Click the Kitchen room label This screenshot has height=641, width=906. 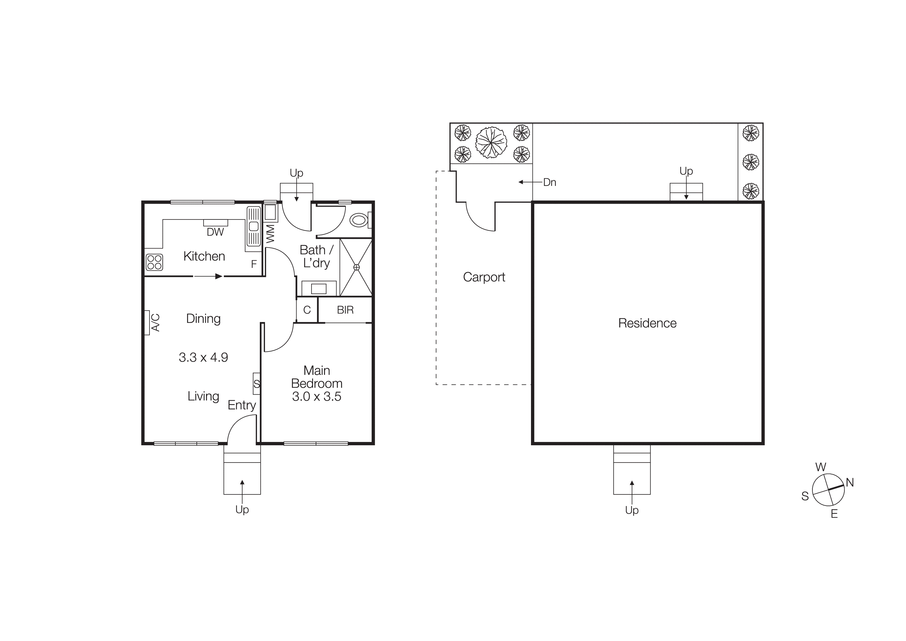pyautogui.click(x=204, y=256)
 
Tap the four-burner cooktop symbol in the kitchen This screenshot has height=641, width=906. pyautogui.click(x=154, y=262)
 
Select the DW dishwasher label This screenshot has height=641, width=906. pyautogui.click(x=215, y=232)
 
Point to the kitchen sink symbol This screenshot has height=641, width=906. pyautogui.click(x=254, y=226)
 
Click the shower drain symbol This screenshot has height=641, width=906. pyautogui.click(x=356, y=267)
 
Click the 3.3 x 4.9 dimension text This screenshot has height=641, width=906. pyautogui.click(x=203, y=357)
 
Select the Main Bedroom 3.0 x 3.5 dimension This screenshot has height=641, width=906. pyautogui.click(x=316, y=397)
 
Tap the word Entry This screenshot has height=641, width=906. pyautogui.click(x=241, y=405)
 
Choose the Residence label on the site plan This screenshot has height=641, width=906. pyautogui.click(x=647, y=323)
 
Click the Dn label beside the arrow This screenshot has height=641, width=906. pyautogui.click(x=549, y=183)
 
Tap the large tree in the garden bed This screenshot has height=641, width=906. pyautogui.click(x=491, y=142)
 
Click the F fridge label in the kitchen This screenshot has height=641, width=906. pyautogui.click(x=254, y=264)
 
